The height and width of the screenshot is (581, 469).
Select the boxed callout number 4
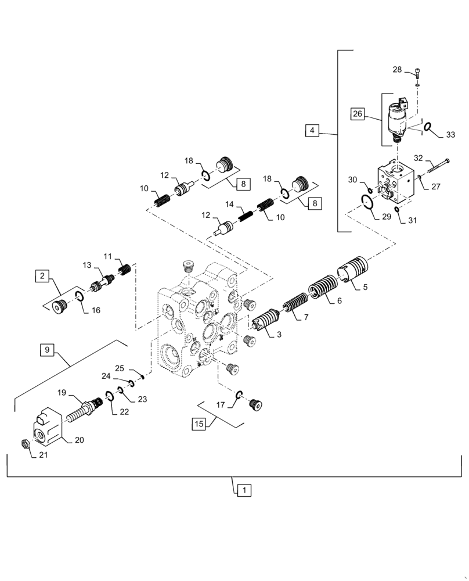[x=312, y=131]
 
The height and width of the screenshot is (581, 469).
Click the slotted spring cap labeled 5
[x=352, y=272]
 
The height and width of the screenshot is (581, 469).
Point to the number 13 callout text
[x=86, y=266]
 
